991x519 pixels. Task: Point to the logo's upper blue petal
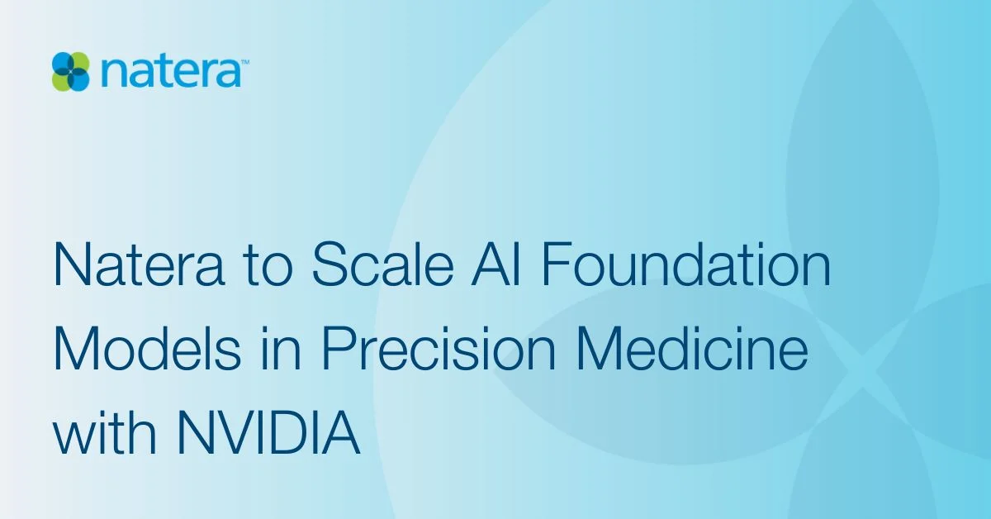click(63, 62)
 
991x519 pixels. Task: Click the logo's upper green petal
click(80, 62)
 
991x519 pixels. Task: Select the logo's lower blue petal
click(80, 80)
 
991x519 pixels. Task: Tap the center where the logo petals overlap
click(72, 71)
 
